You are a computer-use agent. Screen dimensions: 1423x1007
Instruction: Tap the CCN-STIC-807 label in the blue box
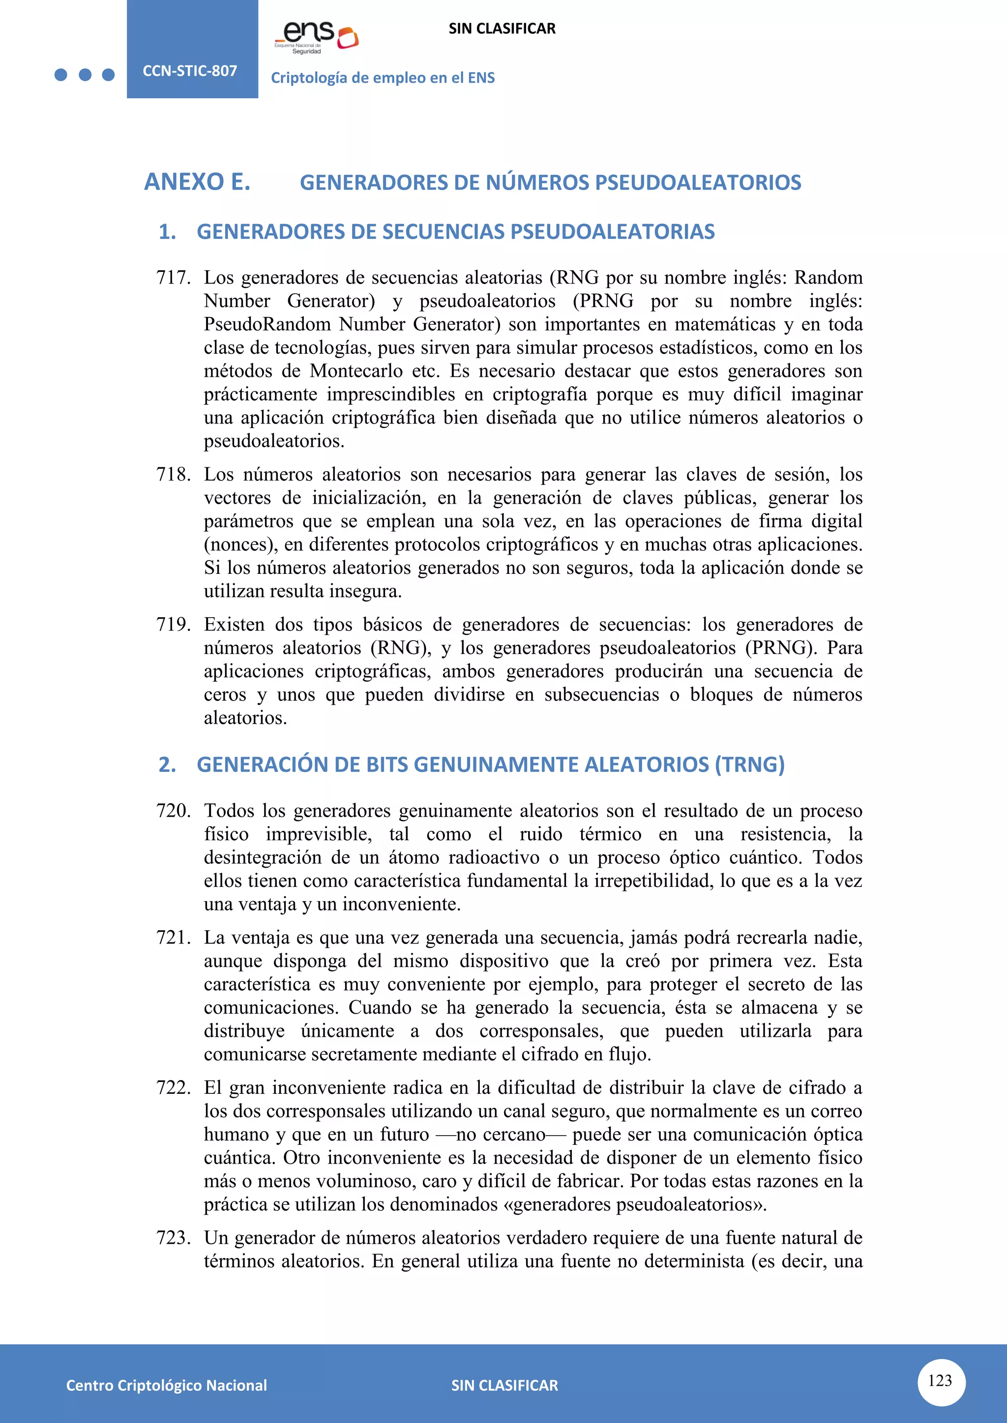pyautogui.click(x=190, y=71)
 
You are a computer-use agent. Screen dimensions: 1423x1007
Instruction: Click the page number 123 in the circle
pyautogui.click(x=940, y=1380)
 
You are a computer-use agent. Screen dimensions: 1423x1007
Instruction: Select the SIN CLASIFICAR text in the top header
pyautogui.click(x=502, y=28)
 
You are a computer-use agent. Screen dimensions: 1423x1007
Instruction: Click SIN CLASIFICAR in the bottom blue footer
pyautogui.click(x=504, y=1385)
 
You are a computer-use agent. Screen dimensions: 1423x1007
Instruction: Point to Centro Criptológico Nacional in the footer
pyautogui.click(x=166, y=1385)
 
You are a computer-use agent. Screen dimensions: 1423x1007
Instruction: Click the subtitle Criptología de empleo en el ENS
pyautogui.click(x=383, y=78)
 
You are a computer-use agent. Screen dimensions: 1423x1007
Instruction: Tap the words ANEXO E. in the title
pyautogui.click(x=197, y=182)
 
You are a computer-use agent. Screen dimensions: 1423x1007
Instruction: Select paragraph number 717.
pyautogui.click(x=173, y=278)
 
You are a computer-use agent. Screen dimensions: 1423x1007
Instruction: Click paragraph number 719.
pyautogui.click(x=173, y=624)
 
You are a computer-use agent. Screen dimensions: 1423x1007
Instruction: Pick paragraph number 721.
pyautogui.click(x=173, y=937)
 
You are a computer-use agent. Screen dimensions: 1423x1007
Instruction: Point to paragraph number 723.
pyautogui.click(x=173, y=1238)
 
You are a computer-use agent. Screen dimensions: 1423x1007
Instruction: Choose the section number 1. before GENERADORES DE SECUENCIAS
pyautogui.click(x=167, y=232)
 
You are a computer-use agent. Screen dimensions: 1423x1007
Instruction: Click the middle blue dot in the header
pyautogui.click(x=85, y=75)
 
